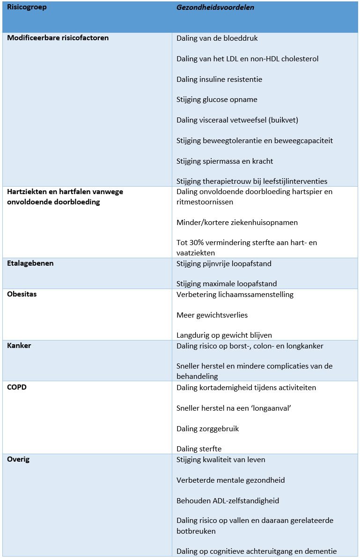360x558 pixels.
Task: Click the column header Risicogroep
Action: [x=27, y=7]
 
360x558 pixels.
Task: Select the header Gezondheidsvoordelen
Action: [x=208, y=7]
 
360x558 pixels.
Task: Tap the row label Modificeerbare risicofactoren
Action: [x=58, y=38]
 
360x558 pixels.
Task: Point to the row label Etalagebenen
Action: [x=30, y=263]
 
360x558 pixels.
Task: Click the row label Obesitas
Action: [x=22, y=295]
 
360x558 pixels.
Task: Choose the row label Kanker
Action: [x=19, y=346]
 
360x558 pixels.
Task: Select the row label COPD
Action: [x=17, y=387]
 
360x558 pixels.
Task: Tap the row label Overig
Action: [x=18, y=459]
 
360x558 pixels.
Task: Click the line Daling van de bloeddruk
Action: [x=217, y=38]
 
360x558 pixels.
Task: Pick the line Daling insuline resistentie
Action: [x=219, y=80]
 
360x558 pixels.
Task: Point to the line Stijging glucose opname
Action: [x=217, y=100]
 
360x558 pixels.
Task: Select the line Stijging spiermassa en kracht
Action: [x=225, y=161]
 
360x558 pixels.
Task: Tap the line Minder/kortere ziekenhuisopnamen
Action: [x=237, y=223]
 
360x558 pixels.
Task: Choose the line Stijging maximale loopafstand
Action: [x=227, y=284]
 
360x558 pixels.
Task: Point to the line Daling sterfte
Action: [x=199, y=449]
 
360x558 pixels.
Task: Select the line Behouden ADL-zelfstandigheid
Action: [x=228, y=501]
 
